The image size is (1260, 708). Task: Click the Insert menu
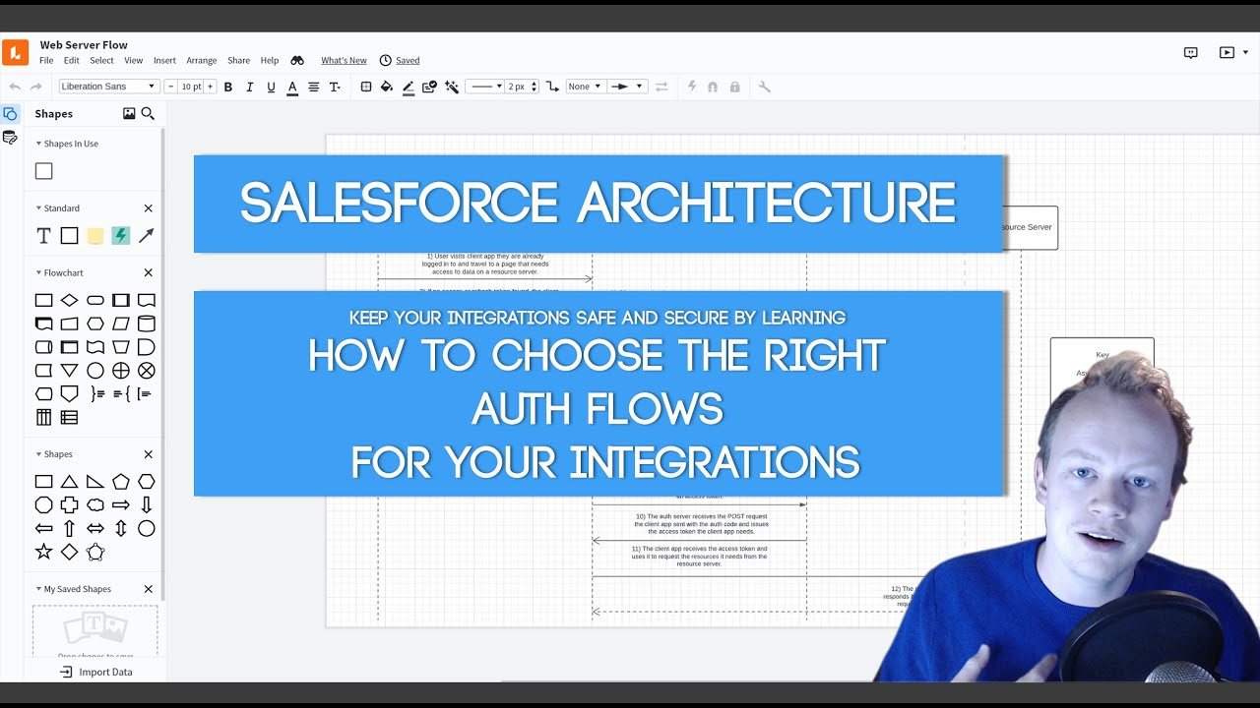pos(164,61)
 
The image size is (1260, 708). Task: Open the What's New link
pos(344,61)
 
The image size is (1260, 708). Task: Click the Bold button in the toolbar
pos(228,87)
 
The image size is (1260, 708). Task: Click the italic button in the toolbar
pos(250,87)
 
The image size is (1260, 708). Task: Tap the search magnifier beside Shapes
pos(148,114)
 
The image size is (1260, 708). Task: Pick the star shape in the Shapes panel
pos(43,552)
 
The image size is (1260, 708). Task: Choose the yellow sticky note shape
pos(95,236)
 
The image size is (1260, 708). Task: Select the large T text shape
pos(43,236)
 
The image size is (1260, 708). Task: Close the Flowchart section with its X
pos(149,272)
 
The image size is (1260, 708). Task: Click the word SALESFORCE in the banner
pos(399,203)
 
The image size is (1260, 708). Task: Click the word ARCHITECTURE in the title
pos(766,203)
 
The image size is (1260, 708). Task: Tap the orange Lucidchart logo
pos(15,52)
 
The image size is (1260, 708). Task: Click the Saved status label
pos(408,61)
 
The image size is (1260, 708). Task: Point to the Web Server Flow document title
pos(84,45)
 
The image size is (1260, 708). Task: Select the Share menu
pos(238,61)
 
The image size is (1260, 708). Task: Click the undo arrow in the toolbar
pos(15,87)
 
